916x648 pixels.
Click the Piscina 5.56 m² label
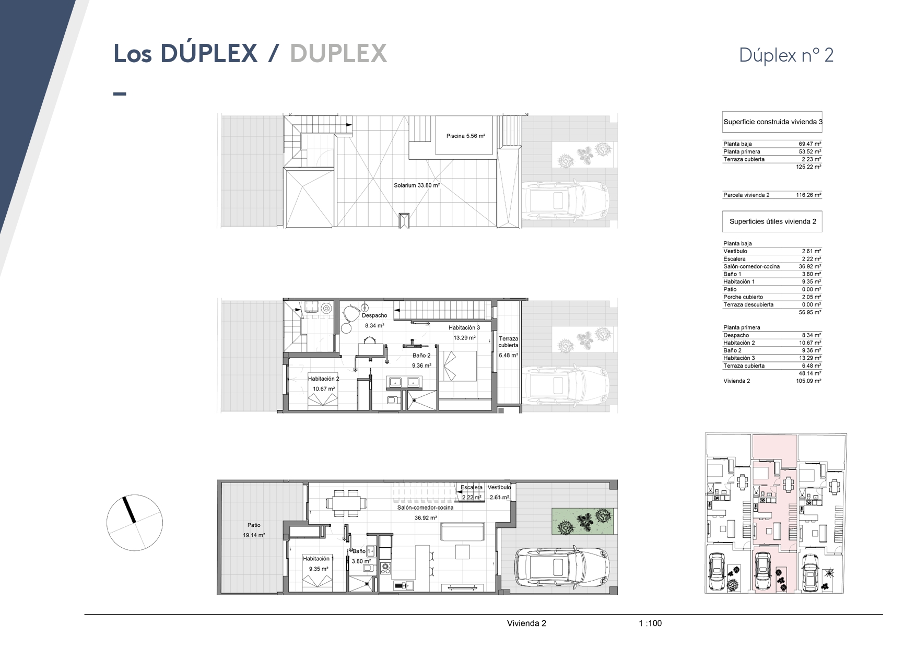(x=466, y=136)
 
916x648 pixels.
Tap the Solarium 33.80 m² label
(x=417, y=185)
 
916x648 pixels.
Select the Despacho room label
(x=374, y=315)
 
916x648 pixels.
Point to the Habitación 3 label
(x=464, y=328)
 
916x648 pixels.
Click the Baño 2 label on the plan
(x=421, y=356)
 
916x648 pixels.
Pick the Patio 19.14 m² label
(x=254, y=530)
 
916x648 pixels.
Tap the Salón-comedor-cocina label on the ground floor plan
(x=425, y=508)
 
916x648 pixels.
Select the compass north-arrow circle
(x=135, y=522)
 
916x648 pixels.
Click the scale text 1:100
(x=650, y=623)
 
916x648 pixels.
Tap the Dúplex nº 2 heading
(x=786, y=55)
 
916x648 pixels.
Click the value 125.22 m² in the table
(x=810, y=167)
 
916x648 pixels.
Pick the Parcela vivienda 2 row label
(x=746, y=195)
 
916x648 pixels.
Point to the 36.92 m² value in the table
(x=810, y=267)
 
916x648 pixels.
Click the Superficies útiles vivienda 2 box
(x=772, y=221)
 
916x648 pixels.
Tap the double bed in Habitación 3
(x=460, y=366)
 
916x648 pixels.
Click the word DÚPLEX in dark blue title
(x=209, y=53)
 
